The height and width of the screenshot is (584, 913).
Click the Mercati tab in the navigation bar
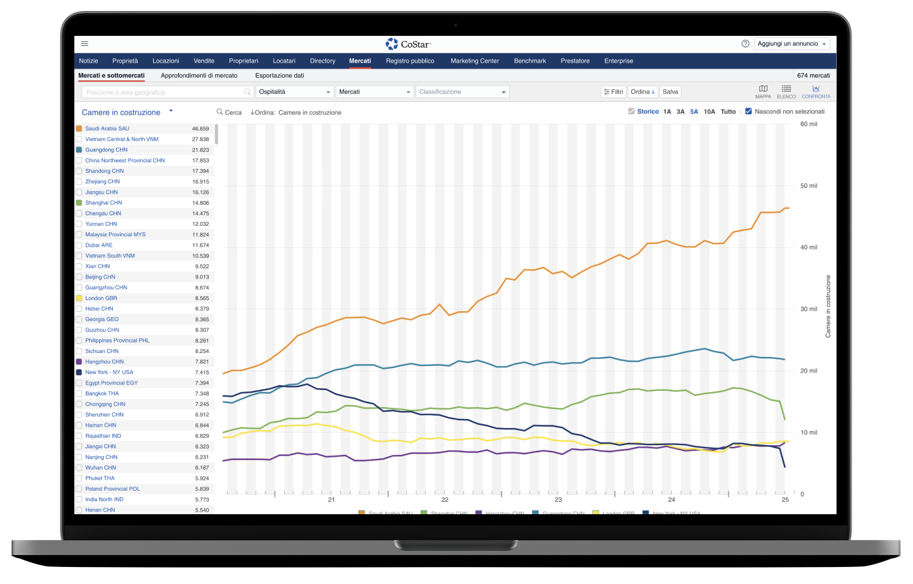click(x=360, y=61)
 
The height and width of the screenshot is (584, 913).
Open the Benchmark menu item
click(x=530, y=61)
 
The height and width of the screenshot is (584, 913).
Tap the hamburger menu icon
click(x=85, y=44)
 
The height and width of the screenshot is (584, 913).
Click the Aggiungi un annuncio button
click(x=792, y=44)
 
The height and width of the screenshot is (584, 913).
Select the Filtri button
click(x=614, y=92)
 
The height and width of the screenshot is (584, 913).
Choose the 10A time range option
click(x=709, y=112)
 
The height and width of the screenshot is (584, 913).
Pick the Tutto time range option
click(x=728, y=112)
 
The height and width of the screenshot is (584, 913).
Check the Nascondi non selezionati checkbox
click(x=749, y=112)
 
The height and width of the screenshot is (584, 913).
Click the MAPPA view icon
click(x=763, y=91)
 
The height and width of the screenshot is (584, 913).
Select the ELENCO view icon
click(x=786, y=91)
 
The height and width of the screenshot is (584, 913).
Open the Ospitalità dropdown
click(x=295, y=92)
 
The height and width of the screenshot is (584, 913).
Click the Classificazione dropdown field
click(x=462, y=92)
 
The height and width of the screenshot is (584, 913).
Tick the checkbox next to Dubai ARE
click(x=79, y=245)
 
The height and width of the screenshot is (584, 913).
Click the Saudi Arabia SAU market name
click(x=107, y=129)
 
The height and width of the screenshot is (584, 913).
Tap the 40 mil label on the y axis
click(x=809, y=247)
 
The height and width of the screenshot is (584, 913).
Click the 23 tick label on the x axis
click(x=558, y=500)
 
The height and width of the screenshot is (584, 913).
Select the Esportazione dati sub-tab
click(x=279, y=76)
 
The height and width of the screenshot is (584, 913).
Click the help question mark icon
click(x=745, y=44)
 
